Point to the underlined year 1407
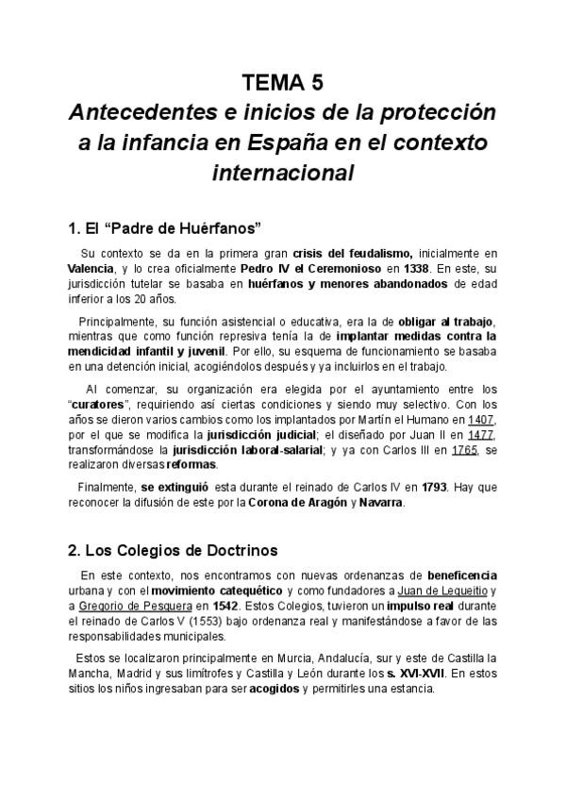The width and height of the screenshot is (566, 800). pyautogui.click(x=480, y=419)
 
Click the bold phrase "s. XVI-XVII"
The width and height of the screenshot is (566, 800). pyautogui.click(x=412, y=673)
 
